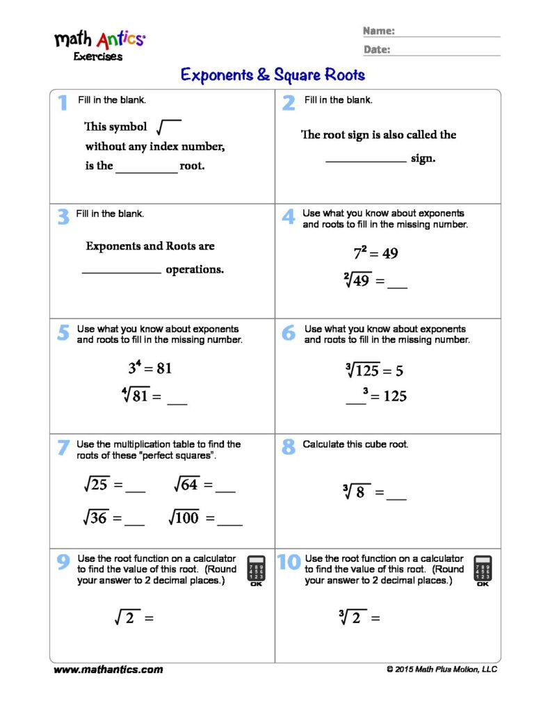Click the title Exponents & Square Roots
click(x=273, y=74)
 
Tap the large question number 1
click(x=63, y=103)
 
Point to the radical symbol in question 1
click(x=169, y=127)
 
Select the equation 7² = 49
click(x=375, y=253)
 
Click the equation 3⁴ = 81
click(x=149, y=368)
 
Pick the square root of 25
click(x=95, y=485)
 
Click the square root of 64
click(x=186, y=485)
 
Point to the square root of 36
click(x=95, y=517)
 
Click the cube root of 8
click(x=355, y=492)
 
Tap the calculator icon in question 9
click(x=257, y=570)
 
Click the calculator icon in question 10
click(x=483, y=570)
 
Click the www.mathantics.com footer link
click(x=108, y=670)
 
